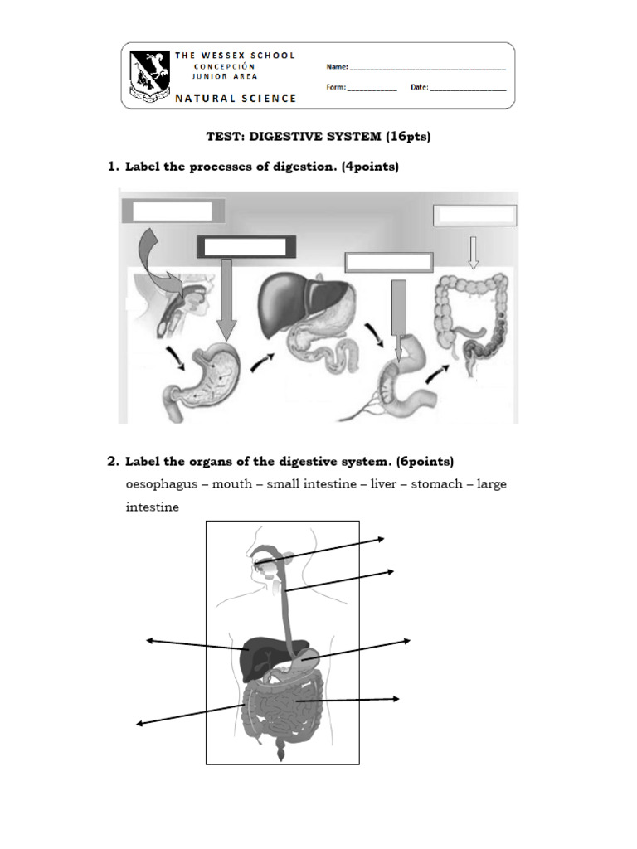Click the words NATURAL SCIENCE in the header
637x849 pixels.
(x=235, y=98)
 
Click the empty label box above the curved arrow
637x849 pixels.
(x=173, y=211)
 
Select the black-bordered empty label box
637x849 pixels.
(x=246, y=246)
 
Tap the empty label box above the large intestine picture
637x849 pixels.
(x=474, y=216)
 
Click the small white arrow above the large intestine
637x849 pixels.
(x=474, y=252)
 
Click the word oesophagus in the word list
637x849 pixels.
(x=162, y=483)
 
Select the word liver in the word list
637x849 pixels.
(x=383, y=483)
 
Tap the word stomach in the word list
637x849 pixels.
(x=438, y=483)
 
